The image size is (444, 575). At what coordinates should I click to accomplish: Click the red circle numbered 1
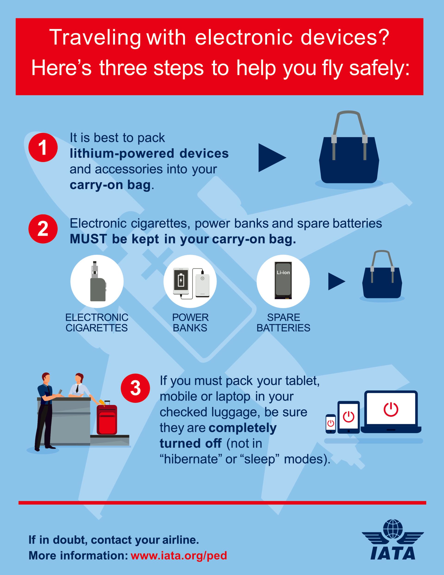coord(43,147)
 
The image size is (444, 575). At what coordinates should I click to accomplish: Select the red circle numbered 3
coord(135,388)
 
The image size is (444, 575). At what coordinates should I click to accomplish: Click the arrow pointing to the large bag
coord(272,158)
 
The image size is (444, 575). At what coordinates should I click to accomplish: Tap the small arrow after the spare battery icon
coord(337,281)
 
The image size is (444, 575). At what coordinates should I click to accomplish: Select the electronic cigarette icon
coord(97,281)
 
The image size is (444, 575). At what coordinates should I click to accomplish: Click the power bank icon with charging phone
coord(190,281)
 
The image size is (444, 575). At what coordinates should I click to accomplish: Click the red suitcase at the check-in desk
coord(107,417)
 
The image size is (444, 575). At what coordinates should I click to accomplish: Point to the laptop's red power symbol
coord(391,409)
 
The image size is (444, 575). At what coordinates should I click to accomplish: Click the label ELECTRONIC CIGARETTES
coord(97,323)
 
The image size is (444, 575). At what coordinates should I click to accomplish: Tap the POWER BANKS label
coord(190,323)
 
